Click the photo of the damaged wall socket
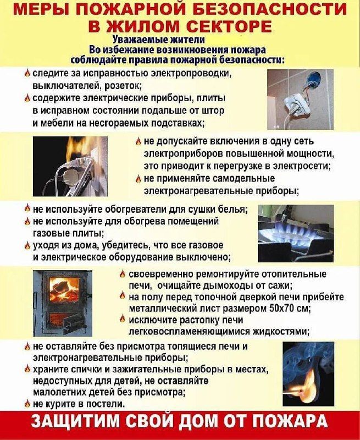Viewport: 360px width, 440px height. coord(300,98)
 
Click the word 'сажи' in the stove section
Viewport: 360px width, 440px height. coord(279,285)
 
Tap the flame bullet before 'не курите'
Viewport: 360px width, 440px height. coord(27,404)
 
